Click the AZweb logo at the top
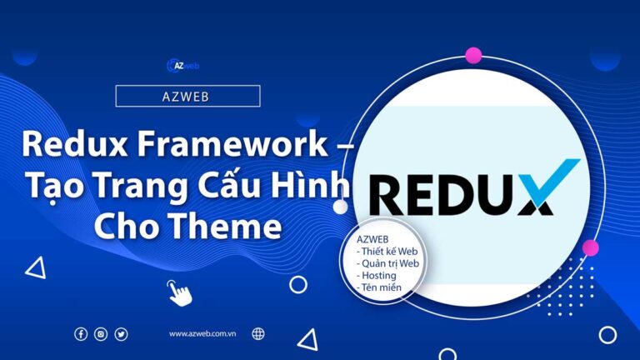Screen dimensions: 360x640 [183, 65]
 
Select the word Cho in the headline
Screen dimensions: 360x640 [124, 225]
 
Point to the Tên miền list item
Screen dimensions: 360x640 [380, 287]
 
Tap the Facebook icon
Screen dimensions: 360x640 [81, 334]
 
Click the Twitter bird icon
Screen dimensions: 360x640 [122, 334]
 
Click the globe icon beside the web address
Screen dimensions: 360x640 [258, 334]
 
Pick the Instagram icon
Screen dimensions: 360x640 [101, 334]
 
